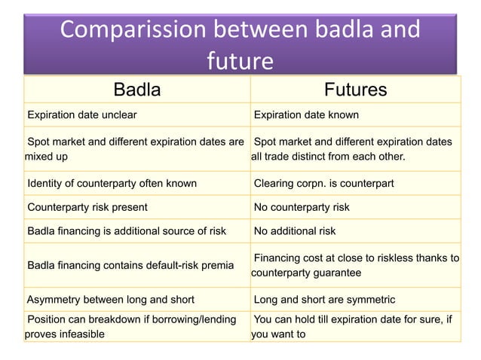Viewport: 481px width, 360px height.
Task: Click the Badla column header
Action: (x=136, y=90)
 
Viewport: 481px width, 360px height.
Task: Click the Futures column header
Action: (x=355, y=90)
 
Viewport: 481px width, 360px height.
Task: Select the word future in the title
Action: (x=239, y=60)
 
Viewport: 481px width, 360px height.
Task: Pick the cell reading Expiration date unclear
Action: (x=82, y=115)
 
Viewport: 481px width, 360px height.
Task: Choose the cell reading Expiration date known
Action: (x=306, y=115)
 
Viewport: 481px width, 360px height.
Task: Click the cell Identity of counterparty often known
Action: (x=112, y=183)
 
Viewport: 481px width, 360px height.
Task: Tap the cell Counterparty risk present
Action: (x=87, y=207)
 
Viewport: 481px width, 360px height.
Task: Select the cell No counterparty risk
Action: (x=302, y=207)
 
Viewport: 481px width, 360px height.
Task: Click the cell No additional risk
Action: (x=295, y=231)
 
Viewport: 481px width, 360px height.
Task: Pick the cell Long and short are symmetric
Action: (x=320, y=299)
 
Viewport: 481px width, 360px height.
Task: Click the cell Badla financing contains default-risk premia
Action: (x=130, y=265)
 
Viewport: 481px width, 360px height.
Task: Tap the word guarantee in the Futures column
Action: (x=332, y=273)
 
